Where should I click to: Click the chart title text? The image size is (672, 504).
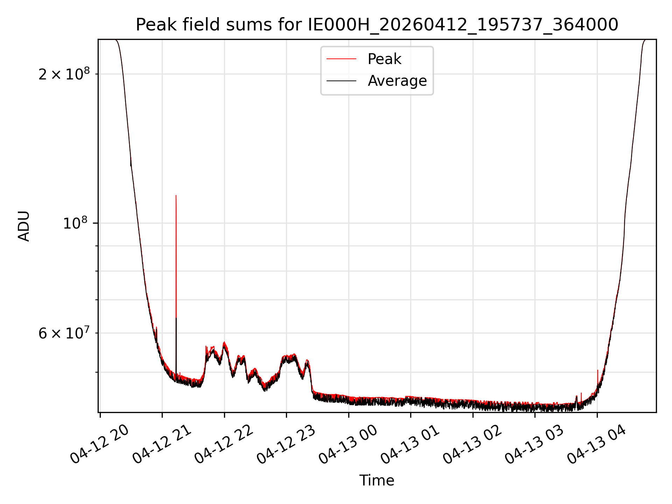[x=377, y=25]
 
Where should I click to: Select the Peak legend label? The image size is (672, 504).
[x=384, y=59]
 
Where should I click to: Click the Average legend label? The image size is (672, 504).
[x=397, y=81]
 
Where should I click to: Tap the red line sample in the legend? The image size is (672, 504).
[x=341, y=59]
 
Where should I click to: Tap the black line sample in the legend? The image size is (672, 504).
[x=341, y=81]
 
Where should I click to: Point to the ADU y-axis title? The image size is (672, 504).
[x=24, y=226]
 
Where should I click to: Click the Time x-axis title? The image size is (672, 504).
[x=377, y=481]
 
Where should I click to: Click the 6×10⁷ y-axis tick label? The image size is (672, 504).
[x=64, y=333]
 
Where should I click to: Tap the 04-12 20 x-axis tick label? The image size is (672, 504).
[x=100, y=444]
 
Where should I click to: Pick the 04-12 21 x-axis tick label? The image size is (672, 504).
[x=162, y=444]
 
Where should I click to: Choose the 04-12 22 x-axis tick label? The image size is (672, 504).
[x=224, y=444]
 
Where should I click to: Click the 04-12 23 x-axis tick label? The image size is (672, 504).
[x=286, y=444]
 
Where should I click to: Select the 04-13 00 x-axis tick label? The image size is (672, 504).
[x=348, y=444]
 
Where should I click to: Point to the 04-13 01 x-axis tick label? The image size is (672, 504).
[x=410, y=444]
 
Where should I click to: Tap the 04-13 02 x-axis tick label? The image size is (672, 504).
[x=472, y=444]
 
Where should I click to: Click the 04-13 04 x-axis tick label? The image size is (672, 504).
[x=597, y=444]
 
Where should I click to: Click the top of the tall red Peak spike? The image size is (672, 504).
[x=176, y=195]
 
